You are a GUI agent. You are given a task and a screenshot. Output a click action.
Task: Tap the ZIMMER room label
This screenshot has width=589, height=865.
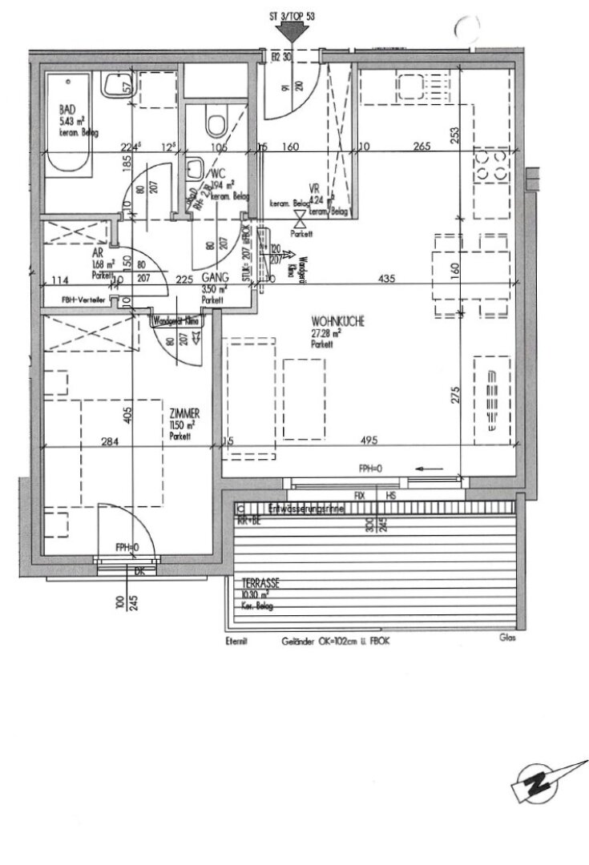pyautogui.click(x=184, y=412)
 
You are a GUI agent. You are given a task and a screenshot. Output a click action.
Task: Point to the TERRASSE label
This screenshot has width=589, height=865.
pyautogui.click(x=256, y=584)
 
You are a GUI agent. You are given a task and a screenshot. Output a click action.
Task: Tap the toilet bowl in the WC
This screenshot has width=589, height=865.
pyautogui.click(x=215, y=123)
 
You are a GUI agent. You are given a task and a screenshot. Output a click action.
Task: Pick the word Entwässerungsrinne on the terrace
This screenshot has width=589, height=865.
pyautogui.click(x=308, y=508)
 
